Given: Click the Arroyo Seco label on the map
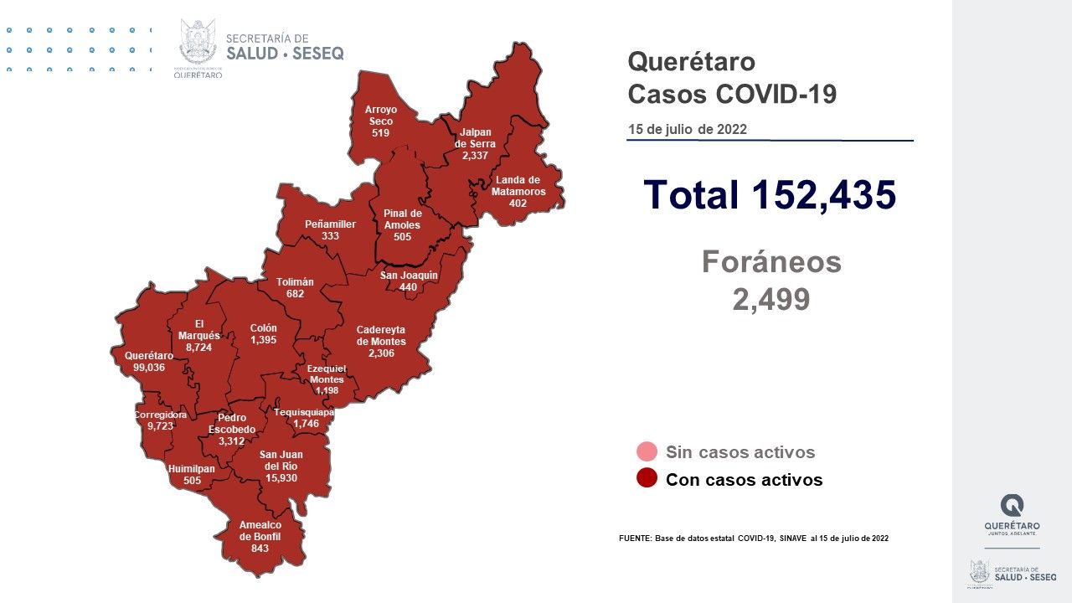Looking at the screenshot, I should pos(380,116).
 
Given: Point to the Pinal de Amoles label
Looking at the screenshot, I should pos(402,219).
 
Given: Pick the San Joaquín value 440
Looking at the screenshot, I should pos(408,286).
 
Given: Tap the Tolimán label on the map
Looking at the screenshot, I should pos(295,282).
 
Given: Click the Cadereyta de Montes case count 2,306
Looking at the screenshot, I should pos(381,353).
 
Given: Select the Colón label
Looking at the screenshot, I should pos(263,328).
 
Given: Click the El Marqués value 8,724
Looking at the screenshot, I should pos(199,347).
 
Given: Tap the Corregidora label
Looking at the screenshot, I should pos(160,415).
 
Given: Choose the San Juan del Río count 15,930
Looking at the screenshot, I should pos(281,478).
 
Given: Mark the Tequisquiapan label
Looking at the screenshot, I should pos(305,412).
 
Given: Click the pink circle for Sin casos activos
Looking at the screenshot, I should pos(647,452).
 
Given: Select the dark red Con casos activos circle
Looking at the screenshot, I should pos(647,479).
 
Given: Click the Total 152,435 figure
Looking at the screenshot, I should pos(770,194).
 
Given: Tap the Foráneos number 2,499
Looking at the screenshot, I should pos(770,299).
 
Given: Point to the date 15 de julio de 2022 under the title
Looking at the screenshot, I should pos(688,130).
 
